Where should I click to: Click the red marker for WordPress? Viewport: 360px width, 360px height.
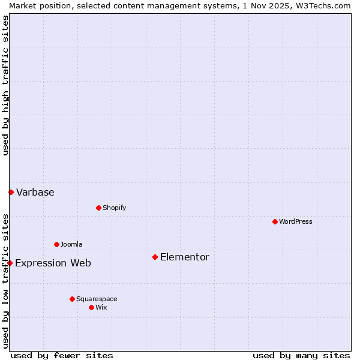point(275,221)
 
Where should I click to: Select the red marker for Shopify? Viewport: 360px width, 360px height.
point(98,208)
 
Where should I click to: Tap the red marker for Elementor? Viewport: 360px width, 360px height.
point(155,257)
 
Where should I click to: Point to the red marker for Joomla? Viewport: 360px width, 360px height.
point(56,244)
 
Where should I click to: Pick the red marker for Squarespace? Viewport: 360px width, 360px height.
point(72,299)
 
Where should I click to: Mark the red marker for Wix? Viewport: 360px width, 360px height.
point(91,307)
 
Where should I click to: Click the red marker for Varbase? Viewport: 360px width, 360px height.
point(11,192)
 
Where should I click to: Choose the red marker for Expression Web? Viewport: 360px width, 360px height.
point(10,263)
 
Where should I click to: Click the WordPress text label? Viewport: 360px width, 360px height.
point(296,221)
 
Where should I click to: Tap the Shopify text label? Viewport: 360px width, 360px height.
point(114,208)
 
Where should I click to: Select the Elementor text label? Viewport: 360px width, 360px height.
point(185,257)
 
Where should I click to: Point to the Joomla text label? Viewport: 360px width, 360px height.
point(71,244)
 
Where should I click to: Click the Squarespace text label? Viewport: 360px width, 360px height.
point(97,299)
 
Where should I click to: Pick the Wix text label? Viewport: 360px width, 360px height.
point(101,307)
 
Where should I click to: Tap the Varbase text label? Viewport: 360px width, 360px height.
point(35,192)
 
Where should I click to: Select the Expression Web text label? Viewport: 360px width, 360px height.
point(53,263)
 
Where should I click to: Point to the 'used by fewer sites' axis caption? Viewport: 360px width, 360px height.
point(62,355)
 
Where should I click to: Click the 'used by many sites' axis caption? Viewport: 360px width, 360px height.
point(301,355)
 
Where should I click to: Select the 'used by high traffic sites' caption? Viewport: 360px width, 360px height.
point(5,85)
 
